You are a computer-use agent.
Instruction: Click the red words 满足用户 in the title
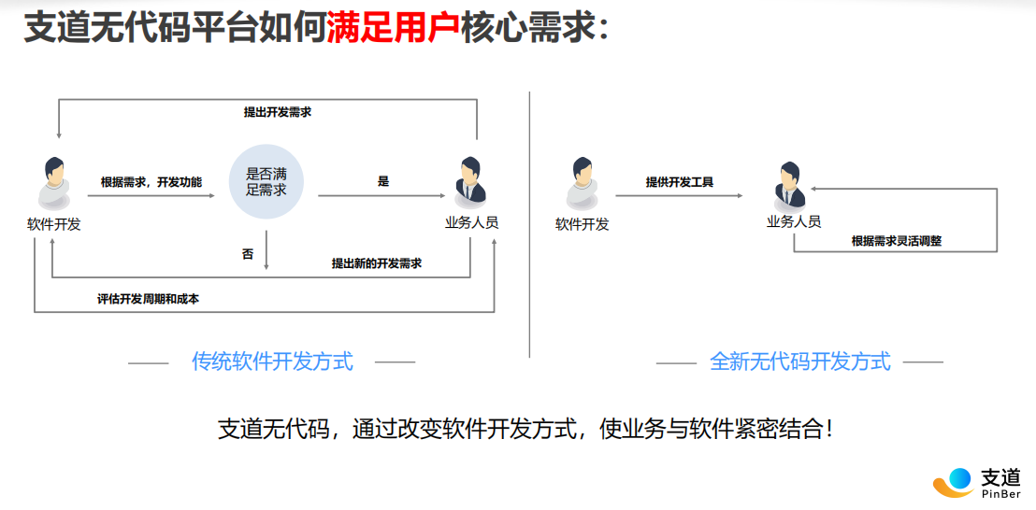tap(393, 28)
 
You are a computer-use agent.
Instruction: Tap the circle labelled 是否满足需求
tap(266, 182)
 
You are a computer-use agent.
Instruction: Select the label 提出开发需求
tap(278, 112)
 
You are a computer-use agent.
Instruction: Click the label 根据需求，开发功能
tap(151, 181)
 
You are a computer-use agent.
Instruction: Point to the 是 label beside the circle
tap(383, 181)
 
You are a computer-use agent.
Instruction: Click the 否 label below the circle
tap(248, 254)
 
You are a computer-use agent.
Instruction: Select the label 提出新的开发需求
tap(377, 263)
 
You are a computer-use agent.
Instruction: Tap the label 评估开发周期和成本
tap(148, 299)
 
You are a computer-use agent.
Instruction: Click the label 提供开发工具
tap(680, 181)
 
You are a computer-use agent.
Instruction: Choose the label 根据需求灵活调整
tap(897, 241)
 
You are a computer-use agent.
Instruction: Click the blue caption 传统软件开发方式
tap(272, 361)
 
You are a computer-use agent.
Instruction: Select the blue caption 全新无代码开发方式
tap(800, 361)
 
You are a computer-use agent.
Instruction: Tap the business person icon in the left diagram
tap(469, 179)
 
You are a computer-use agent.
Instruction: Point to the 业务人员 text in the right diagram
tap(794, 221)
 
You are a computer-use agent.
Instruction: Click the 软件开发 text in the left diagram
tap(54, 224)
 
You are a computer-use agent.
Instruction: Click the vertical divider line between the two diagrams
tap(530, 224)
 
